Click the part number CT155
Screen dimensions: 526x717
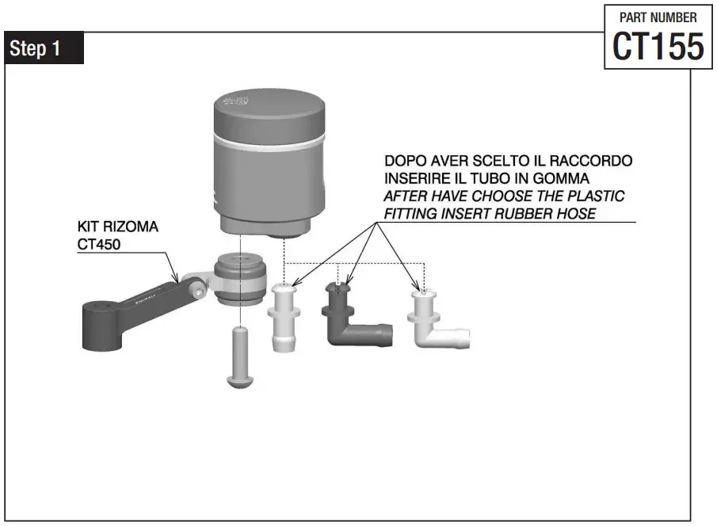(658, 47)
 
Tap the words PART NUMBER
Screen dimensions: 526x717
(658, 17)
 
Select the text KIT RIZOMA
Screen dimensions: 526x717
(117, 227)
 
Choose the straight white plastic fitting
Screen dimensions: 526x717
(284, 317)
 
